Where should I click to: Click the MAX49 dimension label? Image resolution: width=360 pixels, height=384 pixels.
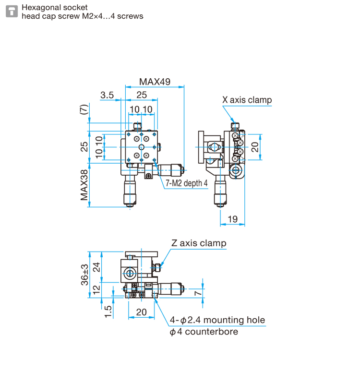coord(155,82)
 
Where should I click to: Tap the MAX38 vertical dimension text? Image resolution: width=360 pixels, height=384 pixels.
coord(84,185)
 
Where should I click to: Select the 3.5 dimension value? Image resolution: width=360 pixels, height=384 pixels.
coord(107,95)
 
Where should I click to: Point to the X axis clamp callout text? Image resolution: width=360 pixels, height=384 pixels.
coord(247,100)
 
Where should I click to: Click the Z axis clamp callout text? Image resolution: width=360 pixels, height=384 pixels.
coord(199,243)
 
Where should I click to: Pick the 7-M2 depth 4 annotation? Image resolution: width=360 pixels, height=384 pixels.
coord(187,183)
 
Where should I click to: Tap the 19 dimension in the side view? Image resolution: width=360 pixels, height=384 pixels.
coord(232,219)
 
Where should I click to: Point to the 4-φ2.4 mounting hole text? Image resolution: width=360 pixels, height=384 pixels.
coord(217,320)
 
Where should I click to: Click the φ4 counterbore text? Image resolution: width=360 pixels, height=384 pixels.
coord(204,332)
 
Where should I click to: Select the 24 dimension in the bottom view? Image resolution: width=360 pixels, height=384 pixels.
coord(97,267)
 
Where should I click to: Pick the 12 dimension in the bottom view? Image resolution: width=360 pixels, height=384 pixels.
coord(97,289)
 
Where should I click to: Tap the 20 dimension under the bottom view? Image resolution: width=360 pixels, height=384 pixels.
coord(141,312)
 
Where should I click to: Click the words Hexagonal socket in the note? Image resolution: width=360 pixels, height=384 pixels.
coord(55,8)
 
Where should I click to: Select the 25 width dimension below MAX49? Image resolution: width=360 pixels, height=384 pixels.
coord(142,95)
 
